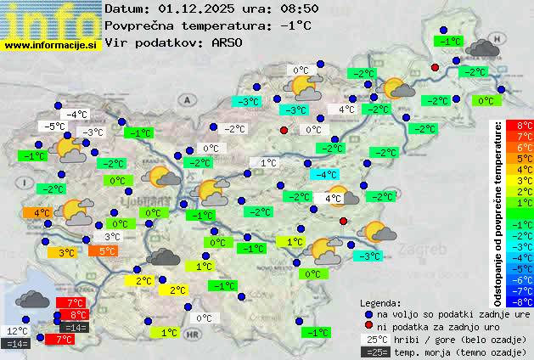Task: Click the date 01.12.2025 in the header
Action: click(x=197, y=8)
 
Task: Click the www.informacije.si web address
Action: click(x=51, y=45)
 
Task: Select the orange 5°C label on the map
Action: click(x=106, y=251)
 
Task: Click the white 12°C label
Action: click(x=17, y=331)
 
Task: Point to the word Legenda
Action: click(x=380, y=302)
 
